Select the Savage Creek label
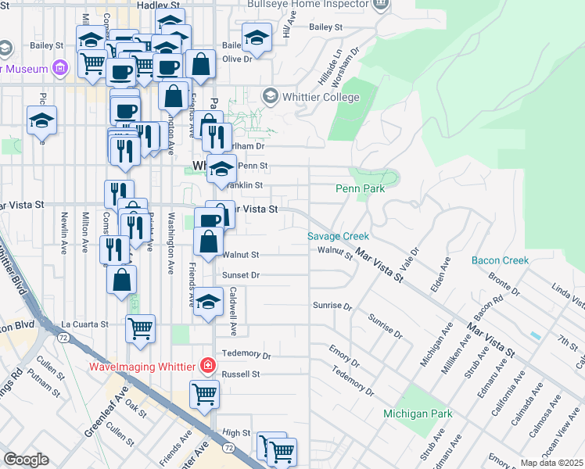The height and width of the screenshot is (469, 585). coord(337,235)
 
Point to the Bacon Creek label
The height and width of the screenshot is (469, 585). coord(501,260)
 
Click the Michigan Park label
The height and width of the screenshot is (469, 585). coord(418,413)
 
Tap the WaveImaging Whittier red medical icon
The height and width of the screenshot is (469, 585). coord(208,364)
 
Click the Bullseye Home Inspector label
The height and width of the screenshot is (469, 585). coord(307,4)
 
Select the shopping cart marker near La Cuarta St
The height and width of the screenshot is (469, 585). coord(141,328)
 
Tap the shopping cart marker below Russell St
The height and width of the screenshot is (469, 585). coord(204,394)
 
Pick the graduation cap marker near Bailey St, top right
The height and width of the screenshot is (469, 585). coord(257,37)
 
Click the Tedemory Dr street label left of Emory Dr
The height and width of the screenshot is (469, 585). coord(246,355)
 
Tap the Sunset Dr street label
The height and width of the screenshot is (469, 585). coord(240,275)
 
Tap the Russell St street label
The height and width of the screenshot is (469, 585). coord(240,374)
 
